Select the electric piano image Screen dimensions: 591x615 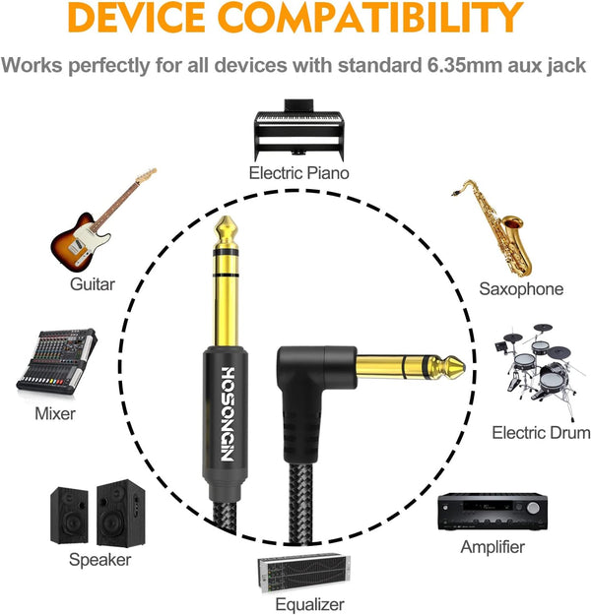[299, 130]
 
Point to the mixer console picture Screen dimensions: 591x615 [57, 362]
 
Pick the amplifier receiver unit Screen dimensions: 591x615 [492, 512]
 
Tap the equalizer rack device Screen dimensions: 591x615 [303, 574]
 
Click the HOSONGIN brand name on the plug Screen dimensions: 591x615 [229, 414]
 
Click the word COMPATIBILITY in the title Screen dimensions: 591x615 [370, 17]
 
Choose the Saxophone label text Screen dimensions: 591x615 [521, 289]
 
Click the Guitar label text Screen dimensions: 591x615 [93, 284]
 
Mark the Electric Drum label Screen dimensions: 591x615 [541, 433]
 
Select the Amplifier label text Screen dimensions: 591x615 [492, 547]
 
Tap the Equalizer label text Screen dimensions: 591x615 [309, 604]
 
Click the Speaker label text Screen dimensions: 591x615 [99, 560]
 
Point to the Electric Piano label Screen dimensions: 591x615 [298, 173]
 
